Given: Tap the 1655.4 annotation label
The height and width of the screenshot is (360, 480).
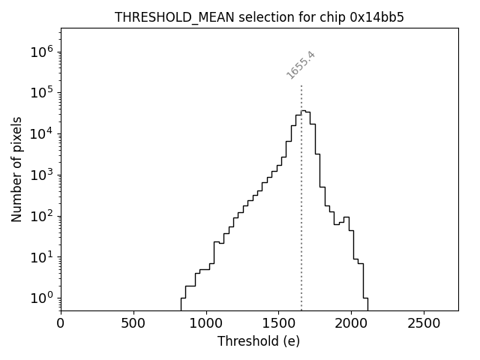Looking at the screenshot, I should (x=301, y=65).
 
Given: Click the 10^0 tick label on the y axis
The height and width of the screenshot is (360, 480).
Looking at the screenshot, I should (x=42, y=298).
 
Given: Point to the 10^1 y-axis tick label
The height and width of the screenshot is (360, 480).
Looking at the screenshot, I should (x=42, y=257).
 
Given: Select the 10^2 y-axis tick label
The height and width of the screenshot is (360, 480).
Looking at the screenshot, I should (x=42, y=216).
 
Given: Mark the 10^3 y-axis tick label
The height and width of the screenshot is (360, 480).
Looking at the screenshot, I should (x=42, y=175).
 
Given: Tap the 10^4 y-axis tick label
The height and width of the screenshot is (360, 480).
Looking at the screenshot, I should (x=42, y=133).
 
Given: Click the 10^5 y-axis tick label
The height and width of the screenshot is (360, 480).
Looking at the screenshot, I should (x=42, y=92).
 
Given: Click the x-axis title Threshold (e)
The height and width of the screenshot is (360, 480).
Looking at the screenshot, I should (x=259, y=341).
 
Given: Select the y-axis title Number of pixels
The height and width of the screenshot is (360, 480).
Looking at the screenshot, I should (x=16, y=169).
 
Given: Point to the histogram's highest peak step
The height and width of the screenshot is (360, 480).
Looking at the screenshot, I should (x=303, y=111).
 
